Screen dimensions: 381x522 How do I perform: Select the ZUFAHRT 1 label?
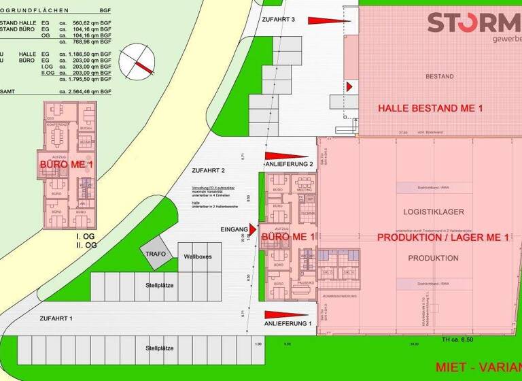pyautogui.click(x=56, y=318)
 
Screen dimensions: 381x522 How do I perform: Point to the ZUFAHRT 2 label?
pyautogui.click(x=208, y=170)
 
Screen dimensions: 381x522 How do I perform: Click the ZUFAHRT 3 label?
pyautogui.click(x=279, y=20)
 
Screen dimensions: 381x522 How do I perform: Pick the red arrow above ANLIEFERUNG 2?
pyautogui.click(x=285, y=156)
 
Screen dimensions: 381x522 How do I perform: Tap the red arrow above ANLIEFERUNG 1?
pyautogui.click(x=285, y=314)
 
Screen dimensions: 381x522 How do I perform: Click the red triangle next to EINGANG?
pyautogui.click(x=252, y=229)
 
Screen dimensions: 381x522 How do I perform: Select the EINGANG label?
pyautogui.click(x=234, y=230)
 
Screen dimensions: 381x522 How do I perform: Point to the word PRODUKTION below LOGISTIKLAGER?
pyautogui.click(x=433, y=258)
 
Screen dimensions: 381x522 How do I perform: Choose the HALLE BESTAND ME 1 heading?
pyautogui.click(x=430, y=108)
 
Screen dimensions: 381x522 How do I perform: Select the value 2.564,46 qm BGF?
pyautogui.click(x=89, y=90)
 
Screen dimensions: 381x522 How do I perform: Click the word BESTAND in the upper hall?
pyautogui.click(x=439, y=76)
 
